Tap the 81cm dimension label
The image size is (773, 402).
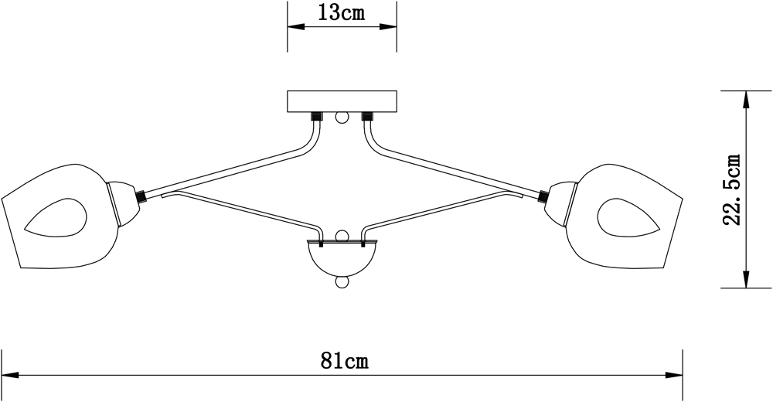(343, 361)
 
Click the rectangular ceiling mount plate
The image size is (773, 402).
(342, 101)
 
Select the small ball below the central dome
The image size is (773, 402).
(341, 282)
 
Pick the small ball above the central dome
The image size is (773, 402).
(341, 234)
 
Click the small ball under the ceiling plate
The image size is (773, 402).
(341, 118)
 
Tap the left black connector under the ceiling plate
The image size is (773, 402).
(317, 118)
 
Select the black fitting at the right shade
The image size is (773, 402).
(543, 196)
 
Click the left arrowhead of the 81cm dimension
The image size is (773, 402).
(9, 375)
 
